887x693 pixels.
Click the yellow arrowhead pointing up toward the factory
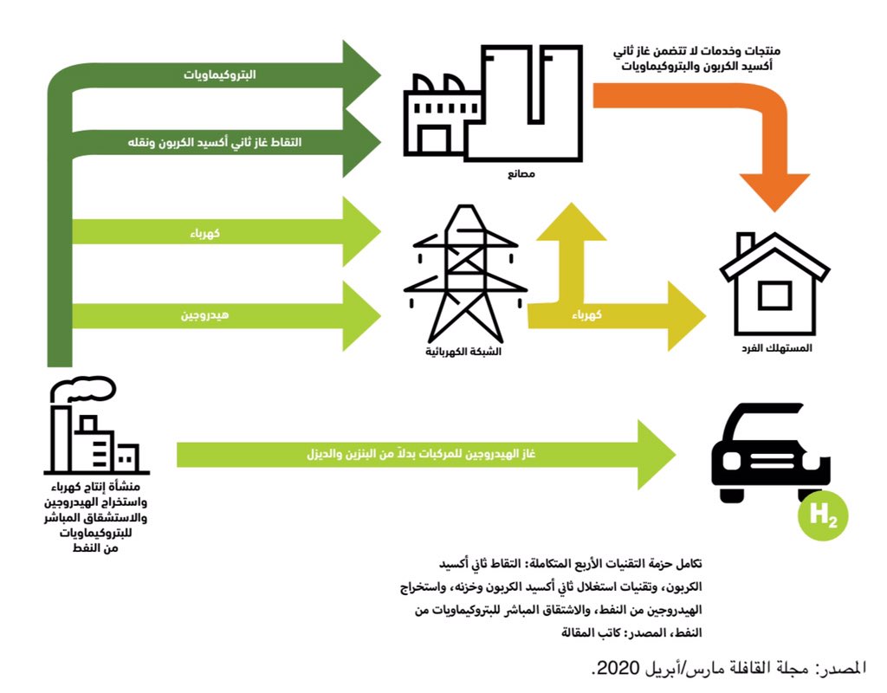pos(572,221)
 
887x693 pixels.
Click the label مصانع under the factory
pos(521,174)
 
